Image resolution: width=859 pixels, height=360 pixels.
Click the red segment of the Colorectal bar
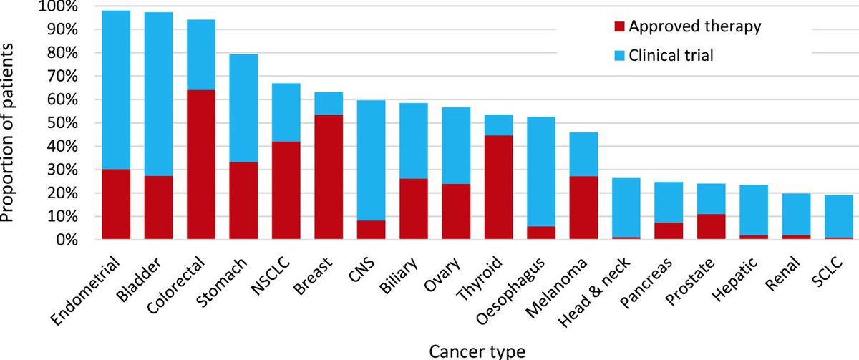[201, 165]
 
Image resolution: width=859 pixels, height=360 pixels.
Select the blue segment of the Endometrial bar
[116, 90]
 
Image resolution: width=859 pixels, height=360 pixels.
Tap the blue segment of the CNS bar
[372, 160]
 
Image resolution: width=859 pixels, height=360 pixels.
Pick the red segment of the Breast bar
[329, 177]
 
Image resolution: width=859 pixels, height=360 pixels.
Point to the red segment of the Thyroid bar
[498, 188]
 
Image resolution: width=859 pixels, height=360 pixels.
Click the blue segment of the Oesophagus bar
[541, 172]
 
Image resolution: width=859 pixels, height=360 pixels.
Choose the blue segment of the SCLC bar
[839, 216]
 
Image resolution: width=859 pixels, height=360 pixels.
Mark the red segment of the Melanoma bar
[583, 208]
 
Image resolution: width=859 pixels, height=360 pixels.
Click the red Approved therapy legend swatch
[619, 26]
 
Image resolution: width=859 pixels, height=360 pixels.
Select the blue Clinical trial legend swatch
[619, 56]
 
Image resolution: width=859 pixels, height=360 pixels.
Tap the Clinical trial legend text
[671, 56]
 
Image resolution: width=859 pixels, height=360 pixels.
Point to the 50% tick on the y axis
[62, 123]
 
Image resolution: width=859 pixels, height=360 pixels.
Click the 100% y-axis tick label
[58, 6]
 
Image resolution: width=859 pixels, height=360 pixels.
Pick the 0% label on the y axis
[67, 240]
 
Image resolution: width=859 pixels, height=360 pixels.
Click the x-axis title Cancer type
[477, 351]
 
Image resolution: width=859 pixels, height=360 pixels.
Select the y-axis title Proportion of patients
[7, 132]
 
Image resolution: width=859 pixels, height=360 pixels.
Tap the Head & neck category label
[593, 292]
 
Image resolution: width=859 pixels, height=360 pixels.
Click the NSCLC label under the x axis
[271, 276]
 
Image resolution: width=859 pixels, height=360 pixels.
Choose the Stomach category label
[221, 282]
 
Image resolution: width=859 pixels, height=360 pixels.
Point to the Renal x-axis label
[782, 273]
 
